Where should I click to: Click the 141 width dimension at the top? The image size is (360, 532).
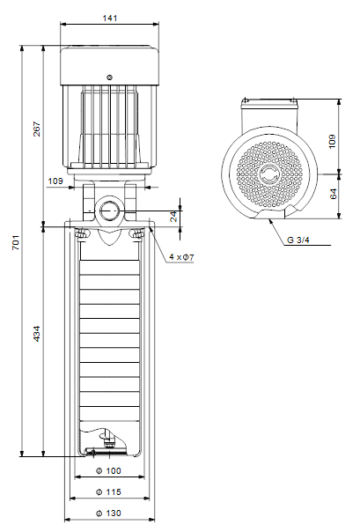coord(110,18)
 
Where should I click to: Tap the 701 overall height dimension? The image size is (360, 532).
coord(16,242)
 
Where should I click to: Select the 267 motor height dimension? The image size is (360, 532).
coord(37,129)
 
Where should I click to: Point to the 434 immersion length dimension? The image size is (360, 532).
coord(37,334)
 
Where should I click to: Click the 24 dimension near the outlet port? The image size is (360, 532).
coord(173,216)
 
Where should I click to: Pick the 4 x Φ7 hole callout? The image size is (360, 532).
coord(181,257)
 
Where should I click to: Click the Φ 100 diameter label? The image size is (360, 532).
coord(108,470)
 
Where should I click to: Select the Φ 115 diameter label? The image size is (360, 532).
coord(108,491)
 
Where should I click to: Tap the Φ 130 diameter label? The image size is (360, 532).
coord(108,513)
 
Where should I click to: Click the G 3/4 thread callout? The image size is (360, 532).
coord(298,240)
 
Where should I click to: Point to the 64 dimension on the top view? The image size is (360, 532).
coord(334,194)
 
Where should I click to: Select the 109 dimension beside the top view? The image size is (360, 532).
coord(332,141)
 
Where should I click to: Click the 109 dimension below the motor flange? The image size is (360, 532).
coord(55,181)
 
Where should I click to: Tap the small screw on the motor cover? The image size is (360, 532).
coord(109,78)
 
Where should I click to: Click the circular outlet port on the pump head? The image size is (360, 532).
coord(109,211)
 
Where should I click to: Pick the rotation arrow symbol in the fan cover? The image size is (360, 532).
coord(269,174)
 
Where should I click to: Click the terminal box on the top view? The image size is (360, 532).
coord(269,114)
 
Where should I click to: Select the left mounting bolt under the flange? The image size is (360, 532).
coord(81,234)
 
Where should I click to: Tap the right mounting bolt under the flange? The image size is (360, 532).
coord(137,234)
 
